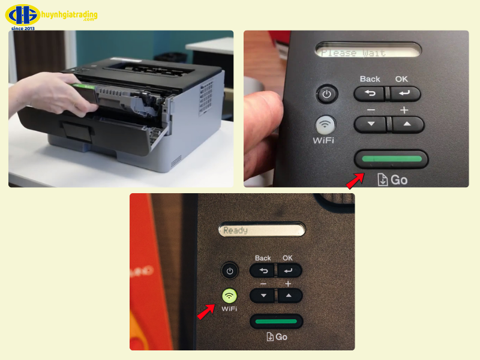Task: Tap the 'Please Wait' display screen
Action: [367, 53]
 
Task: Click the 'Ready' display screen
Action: [262, 230]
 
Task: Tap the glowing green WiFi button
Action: [229, 296]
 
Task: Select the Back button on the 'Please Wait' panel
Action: [370, 94]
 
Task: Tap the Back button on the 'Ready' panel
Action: [263, 271]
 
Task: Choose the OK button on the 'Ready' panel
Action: [289, 271]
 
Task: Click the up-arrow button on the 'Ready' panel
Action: [289, 295]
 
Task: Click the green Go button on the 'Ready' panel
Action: [276, 322]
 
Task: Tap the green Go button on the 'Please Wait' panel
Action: [391, 159]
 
